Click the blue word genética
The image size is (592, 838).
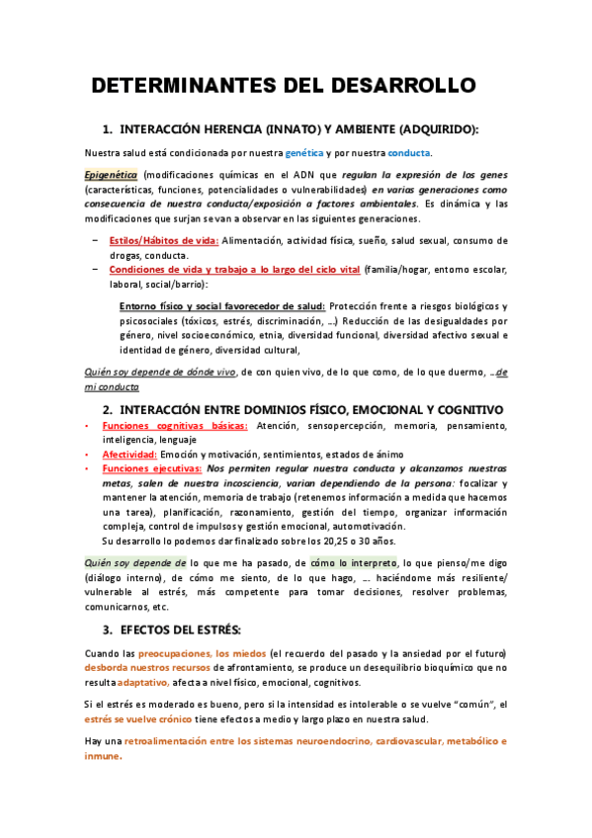click(303, 153)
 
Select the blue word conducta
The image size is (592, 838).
click(408, 153)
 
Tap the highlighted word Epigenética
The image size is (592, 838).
click(111, 174)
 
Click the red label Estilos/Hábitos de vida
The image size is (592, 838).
click(164, 240)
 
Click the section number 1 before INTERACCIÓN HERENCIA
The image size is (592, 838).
click(108, 129)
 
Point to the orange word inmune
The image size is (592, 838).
click(103, 756)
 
